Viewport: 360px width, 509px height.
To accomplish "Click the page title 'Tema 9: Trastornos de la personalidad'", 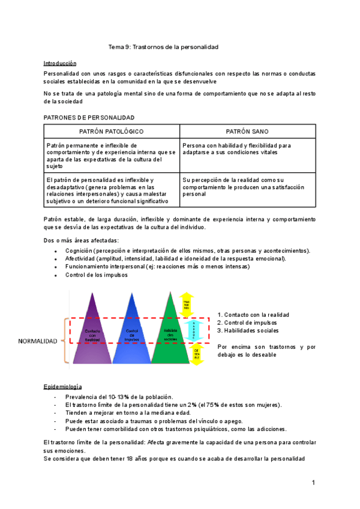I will (163, 46).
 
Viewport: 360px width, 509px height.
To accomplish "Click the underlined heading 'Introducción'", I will (60, 62).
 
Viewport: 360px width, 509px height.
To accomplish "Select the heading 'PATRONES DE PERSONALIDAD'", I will (89, 118).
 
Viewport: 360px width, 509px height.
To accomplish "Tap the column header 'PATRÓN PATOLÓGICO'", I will (112, 131).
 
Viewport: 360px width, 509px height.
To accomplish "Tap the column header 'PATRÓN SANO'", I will (247, 131).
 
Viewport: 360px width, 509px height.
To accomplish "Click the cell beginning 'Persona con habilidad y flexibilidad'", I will (236, 149).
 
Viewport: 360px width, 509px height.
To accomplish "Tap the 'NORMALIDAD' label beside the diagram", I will (38, 341).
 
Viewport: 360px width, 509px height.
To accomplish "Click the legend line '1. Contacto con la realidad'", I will (253, 315).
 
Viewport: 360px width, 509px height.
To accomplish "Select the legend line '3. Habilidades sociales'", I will (248, 331).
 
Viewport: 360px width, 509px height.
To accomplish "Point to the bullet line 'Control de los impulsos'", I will (97, 275).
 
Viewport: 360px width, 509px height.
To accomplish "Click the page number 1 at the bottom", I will (313, 482).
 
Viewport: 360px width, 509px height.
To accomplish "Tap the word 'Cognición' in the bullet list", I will (79, 250).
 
